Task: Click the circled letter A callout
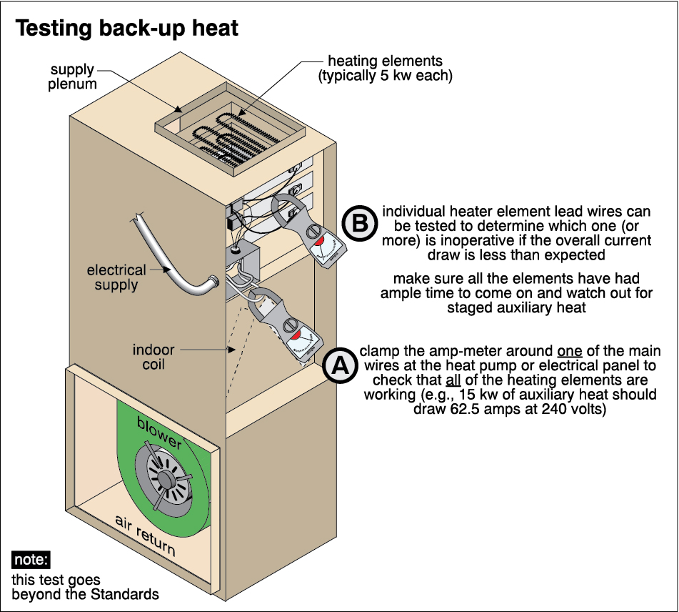coord(341,365)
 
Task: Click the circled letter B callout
coord(360,224)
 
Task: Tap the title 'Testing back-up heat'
coord(127,29)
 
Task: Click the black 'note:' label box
coord(31,560)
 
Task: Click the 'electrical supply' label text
coord(116,278)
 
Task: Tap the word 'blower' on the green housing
coord(159,432)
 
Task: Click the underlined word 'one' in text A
coord(568,352)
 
